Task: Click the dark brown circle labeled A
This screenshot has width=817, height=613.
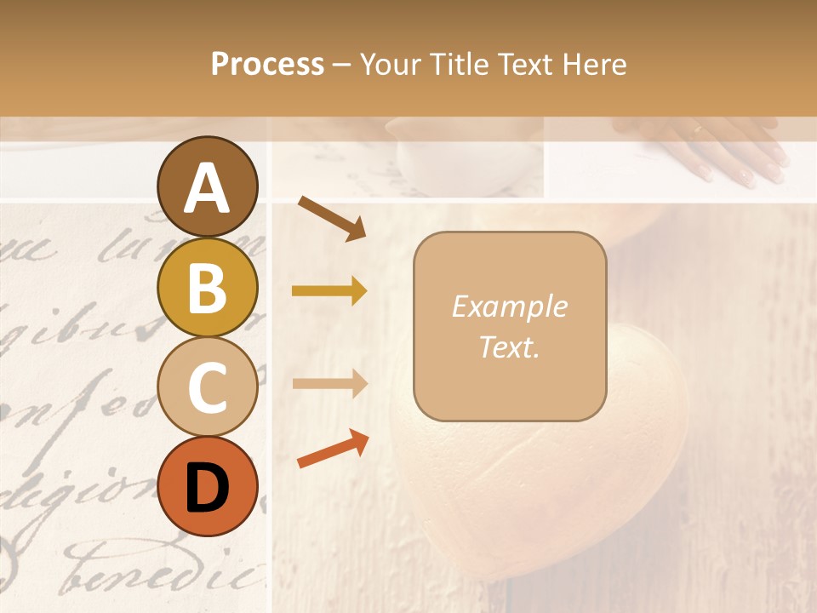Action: pyautogui.click(x=208, y=186)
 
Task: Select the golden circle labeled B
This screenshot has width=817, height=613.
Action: pyautogui.click(x=208, y=287)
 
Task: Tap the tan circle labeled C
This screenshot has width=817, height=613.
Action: pyautogui.click(x=208, y=387)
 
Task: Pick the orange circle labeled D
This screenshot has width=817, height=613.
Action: pyautogui.click(x=208, y=486)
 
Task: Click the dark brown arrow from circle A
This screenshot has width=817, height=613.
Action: pyautogui.click(x=332, y=218)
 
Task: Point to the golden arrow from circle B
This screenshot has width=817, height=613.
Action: pyautogui.click(x=329, y=291)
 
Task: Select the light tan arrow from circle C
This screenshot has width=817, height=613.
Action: pyautogui.click(x=329, y=383)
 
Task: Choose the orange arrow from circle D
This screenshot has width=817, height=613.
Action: pyautogui.click(x=333, y=450)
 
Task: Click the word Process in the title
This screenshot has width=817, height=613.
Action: pyautogui.click(x=267, y=64)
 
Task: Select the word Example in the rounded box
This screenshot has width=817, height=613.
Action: pyautogui.click(x=509, y=306)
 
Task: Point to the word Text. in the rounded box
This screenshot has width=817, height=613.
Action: pyautogui.click(x=509, y=347)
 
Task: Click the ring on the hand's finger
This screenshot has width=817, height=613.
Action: pyautogui.click(x=698, y=130)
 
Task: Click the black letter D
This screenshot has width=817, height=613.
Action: pyautogui.click(x=208, y=488)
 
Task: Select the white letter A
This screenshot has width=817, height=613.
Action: pyautogui.click(x=208, y=188)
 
